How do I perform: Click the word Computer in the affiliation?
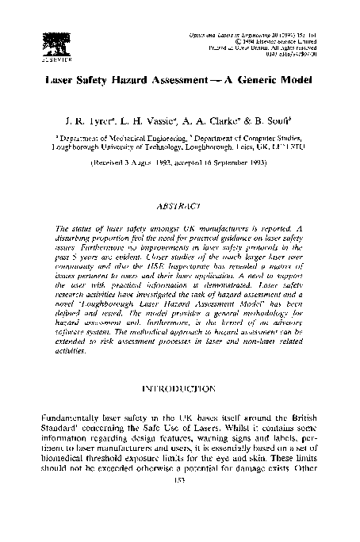pos(252,137)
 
